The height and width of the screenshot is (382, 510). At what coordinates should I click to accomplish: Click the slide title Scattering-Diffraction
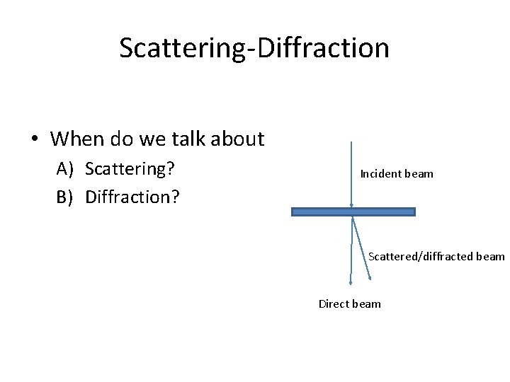[x=254, y=48]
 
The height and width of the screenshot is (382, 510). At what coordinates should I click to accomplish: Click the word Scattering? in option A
[x=130, y=168]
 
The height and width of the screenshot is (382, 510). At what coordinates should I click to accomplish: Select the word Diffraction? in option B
[x=132, y=196]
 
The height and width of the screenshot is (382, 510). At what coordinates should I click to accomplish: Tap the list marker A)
[x=66, y=168]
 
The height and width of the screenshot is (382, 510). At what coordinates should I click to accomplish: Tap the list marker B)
[x=65, y=196]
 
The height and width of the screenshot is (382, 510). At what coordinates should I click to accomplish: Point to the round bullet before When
[x=35, y=139]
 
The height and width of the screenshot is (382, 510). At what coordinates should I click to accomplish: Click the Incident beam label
[x=397, y=173]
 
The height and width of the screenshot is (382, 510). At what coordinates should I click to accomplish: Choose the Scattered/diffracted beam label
[x=436, y=256]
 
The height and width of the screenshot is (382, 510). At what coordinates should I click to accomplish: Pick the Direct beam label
[x=349, y=303]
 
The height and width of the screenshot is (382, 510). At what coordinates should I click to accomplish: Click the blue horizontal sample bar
[x=353, y=212]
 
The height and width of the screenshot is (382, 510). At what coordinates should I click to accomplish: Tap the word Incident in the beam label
[x=380, y=173]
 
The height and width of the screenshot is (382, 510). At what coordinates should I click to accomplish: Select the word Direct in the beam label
[x=334, y=303]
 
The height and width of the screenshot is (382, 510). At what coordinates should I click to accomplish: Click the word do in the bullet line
[x=123, y=139]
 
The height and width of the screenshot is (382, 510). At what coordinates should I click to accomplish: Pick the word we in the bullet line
[x=154, y=139]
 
